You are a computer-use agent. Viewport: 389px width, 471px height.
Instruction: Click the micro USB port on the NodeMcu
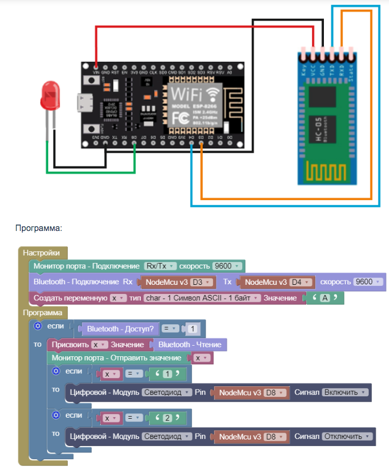(84, 102)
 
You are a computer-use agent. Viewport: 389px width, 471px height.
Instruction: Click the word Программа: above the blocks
(39, 228)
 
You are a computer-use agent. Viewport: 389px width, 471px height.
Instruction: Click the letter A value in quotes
(324, 298)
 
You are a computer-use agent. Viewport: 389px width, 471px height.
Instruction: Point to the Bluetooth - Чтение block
(190, 345)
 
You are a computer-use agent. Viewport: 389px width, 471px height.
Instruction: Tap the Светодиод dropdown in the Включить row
(167, 392)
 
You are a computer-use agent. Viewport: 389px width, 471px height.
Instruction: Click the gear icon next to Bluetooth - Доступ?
(37, 325)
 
